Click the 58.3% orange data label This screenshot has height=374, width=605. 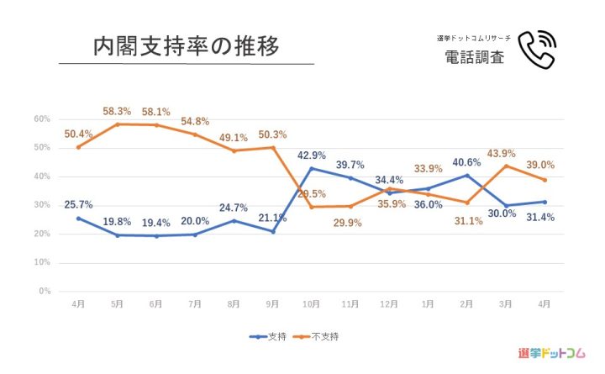[117, 111]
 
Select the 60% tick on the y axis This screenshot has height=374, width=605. [42, 119]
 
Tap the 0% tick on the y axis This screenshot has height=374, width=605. [45, 292]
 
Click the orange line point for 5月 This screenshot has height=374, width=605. [117, 124]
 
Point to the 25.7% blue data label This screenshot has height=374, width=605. [78, 204]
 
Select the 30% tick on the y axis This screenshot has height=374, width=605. [42, 205]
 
